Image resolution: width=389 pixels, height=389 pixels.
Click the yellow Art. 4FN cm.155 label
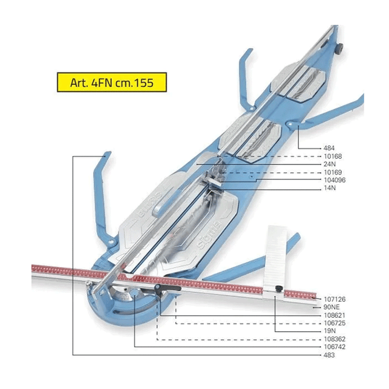pyautogui.click(x=112, y=82)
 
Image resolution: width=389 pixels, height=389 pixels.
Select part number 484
pyautogui.click(x=329, y=148)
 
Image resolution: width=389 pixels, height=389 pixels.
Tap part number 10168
pyautogui.click(x=333, y=156)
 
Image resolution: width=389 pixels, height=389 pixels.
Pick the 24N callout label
pyautogui.click(x=330, y=164)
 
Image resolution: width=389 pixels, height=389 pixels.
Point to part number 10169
pyautogui.click(x=333, y=172)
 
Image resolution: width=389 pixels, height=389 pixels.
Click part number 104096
pyautogui.click(x=335, y=180)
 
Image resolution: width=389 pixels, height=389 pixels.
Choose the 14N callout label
pyautogui.click(x=330, y=188)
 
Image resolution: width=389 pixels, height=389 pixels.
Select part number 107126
pyautogui.click(x=335, y=299)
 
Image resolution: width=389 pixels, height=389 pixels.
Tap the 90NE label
pyautogui.click(x=331, y=307)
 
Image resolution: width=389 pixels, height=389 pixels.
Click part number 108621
pyautogui.click(x=335, y=315)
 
